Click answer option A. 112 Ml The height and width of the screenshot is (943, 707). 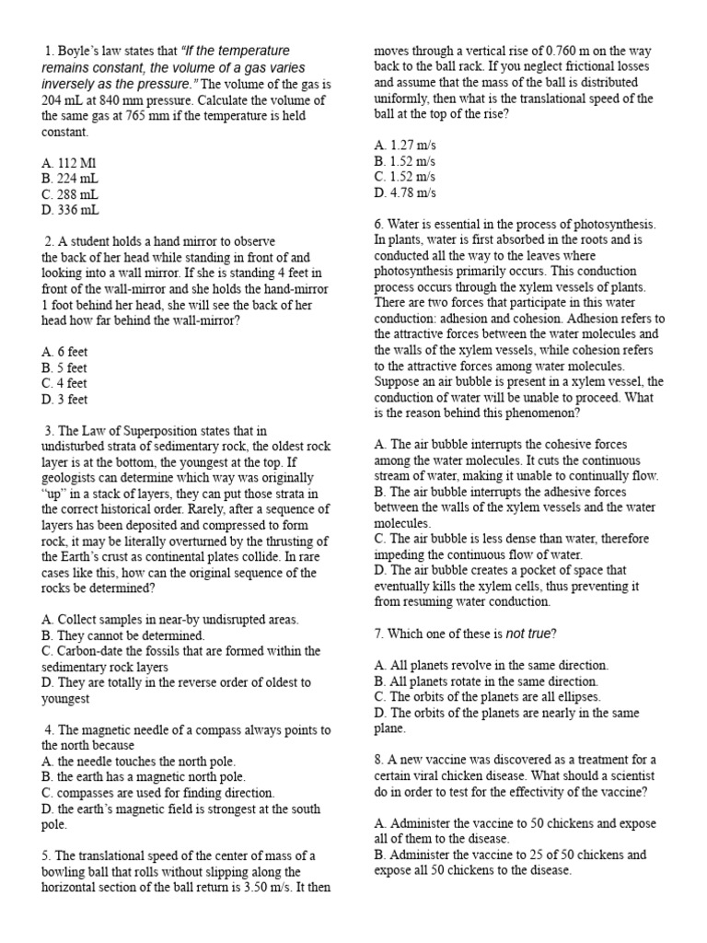[x=69, y=161]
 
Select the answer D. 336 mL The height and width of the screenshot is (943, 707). [x=71, y=211]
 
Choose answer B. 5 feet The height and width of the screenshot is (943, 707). [x=64, y=367]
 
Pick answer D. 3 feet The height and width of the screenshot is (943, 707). [x=64, y=400]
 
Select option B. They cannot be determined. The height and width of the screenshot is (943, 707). [x=123, y=635]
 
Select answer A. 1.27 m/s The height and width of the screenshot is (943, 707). [x=405, y=145]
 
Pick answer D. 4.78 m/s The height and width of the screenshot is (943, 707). [x=405, y=193]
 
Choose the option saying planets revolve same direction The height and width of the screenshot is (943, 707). [x=492, y=665]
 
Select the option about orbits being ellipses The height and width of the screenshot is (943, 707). [x=492, y=697]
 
